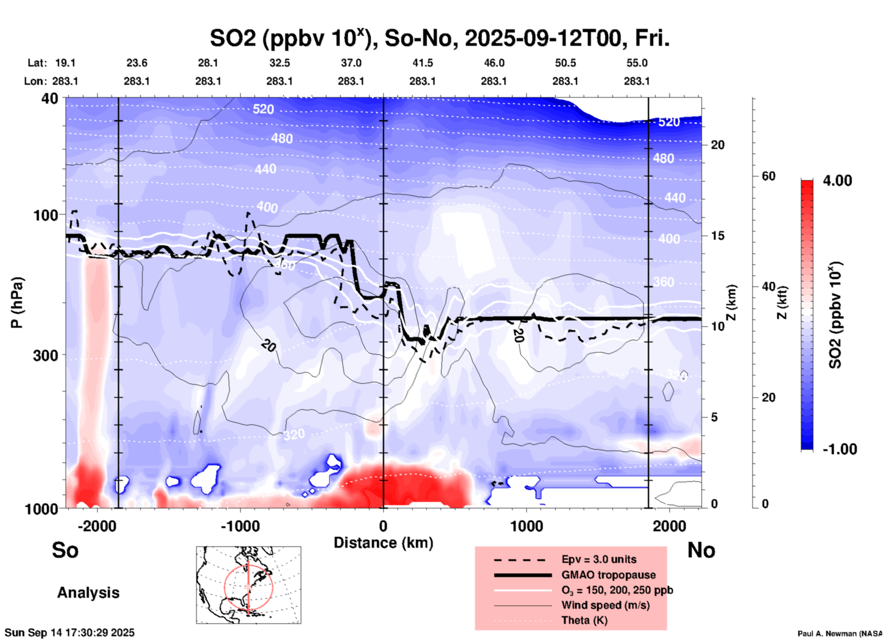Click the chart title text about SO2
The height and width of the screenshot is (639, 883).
pos(439,38)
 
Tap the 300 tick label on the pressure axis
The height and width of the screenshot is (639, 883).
pos(46,355)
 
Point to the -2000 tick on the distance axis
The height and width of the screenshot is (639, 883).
pos(97,526)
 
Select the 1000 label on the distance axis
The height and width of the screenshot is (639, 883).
pos(526,526)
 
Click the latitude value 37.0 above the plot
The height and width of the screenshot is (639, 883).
pos(351,63)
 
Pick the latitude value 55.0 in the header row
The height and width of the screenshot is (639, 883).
pos(636,63)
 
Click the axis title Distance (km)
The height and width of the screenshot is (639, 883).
pos(383,543)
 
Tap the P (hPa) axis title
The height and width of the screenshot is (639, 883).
pos(17,303)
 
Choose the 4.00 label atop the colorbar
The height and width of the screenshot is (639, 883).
pos(837,181)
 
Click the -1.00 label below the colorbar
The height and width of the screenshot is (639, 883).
pos(839,449)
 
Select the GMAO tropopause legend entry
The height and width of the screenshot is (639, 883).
pos(608,575)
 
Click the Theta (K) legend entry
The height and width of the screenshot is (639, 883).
pos(584,620)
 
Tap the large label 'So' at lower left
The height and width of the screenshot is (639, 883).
pos(65,550)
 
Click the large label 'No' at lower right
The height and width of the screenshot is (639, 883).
pos(701,550)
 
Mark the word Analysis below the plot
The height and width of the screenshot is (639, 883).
pos(88,593)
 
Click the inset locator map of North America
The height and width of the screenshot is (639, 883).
pos(248,585)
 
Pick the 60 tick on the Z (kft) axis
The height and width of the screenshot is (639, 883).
pos(768,176)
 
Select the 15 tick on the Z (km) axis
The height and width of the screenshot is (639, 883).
pos(717,236)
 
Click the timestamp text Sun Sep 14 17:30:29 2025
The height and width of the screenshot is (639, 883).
pos(70,633)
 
